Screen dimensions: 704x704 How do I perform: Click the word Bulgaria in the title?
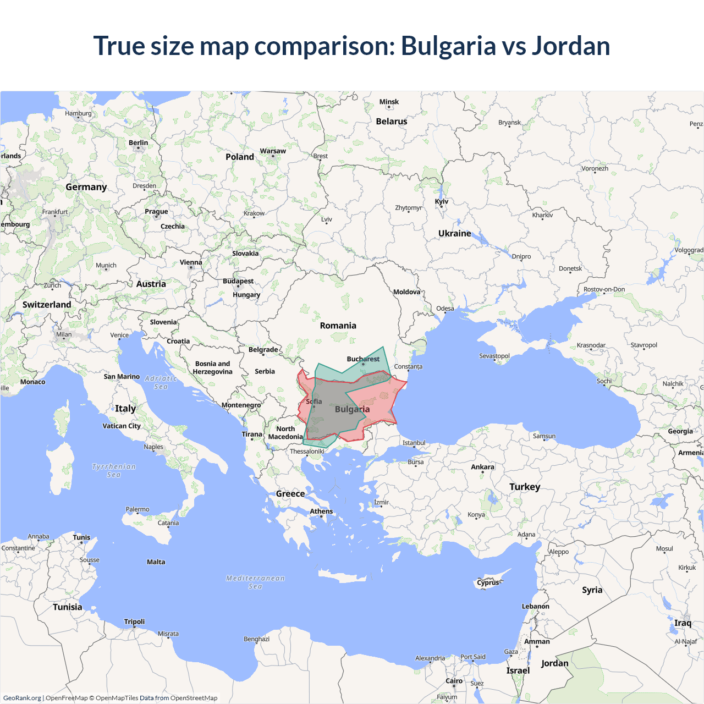448,46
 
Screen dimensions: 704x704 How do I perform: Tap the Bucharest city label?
363,359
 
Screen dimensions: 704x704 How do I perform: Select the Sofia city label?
314,402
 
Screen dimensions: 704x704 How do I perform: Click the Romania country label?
338,326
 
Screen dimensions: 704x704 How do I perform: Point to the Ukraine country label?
454,233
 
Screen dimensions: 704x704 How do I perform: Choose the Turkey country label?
524,487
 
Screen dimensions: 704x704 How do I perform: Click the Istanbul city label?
414,443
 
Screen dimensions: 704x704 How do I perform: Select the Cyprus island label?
488,582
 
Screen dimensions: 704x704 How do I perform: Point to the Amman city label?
537,641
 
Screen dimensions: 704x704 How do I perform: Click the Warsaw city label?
273,151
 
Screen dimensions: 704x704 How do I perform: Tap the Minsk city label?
389,102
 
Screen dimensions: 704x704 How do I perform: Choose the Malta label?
156,562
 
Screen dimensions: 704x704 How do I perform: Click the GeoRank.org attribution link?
22,698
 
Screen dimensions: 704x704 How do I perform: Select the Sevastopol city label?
494,356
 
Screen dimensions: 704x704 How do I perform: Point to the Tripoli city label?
134,621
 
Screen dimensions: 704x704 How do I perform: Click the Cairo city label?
454,681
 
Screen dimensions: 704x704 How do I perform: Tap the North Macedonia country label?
285,433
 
